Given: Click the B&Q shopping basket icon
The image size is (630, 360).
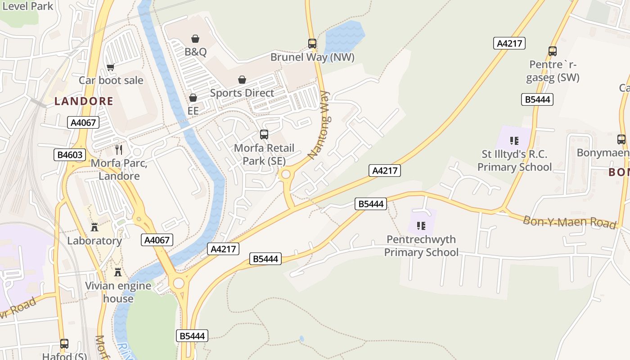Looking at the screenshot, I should [195, 39].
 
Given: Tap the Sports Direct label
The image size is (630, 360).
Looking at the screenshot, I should [242, 93].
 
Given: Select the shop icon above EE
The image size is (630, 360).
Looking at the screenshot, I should [193, 98].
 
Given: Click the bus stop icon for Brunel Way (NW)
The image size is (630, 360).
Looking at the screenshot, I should [312, 44].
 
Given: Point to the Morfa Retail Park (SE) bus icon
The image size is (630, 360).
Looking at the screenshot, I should [264, 135].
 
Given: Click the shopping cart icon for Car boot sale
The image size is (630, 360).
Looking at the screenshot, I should [111, 67].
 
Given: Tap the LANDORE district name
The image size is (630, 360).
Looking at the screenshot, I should [84, 101].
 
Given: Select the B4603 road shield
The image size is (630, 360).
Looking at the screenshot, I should [70, 155].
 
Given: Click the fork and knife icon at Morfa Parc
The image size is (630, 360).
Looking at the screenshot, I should [119, 149].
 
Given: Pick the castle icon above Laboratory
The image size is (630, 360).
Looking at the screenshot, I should [94, 227].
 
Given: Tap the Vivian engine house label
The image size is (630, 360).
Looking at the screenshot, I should [118, 292].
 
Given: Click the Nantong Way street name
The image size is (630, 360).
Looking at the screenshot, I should [319, 125].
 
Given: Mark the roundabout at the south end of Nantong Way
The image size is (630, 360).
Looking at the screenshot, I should [285, 175].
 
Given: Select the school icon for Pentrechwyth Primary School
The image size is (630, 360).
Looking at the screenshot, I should [421, 225].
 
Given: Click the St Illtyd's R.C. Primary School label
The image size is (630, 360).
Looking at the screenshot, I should [514, 161].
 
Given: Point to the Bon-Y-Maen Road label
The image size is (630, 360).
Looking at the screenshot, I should [569, 222].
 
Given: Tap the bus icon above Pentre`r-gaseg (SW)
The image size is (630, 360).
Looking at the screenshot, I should [553, 51].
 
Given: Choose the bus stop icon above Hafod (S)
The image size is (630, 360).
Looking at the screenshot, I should [64, 344].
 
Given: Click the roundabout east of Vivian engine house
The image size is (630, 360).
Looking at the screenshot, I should [179, 283].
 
